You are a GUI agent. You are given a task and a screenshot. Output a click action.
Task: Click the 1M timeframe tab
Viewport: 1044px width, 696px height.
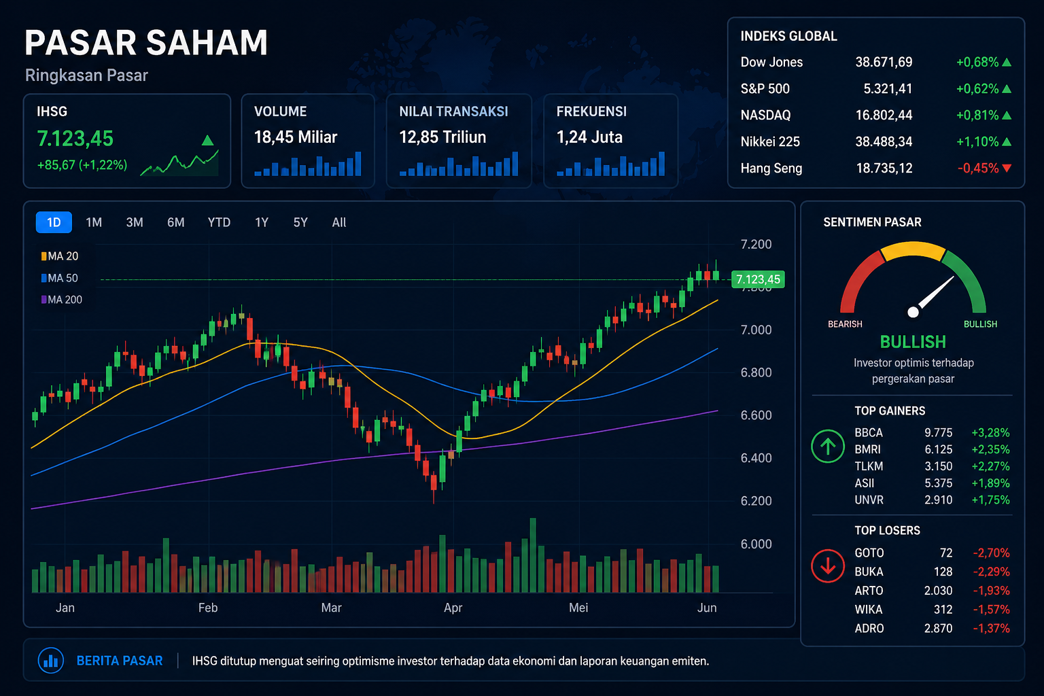click(94, 222)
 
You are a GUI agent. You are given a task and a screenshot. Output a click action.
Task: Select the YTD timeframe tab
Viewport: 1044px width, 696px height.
click(219, 222)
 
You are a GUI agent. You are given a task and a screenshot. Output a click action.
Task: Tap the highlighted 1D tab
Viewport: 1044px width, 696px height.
click(54, 222)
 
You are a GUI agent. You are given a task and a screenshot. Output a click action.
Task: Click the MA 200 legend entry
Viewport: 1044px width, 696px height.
click(62, 300)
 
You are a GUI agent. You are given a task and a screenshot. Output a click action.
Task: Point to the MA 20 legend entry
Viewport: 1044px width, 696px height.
click(60, 256)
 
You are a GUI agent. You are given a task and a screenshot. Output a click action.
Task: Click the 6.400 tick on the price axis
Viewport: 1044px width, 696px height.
click(756, 458)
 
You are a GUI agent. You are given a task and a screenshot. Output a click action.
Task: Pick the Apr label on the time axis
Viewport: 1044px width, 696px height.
click(453, 608)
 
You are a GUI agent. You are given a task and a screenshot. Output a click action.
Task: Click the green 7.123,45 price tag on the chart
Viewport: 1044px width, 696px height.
click(758, 279)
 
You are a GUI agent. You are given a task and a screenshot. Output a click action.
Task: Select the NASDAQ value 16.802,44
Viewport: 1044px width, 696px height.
click(884, 115)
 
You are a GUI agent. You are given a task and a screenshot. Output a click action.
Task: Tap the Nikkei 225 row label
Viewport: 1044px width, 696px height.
click(770, 141)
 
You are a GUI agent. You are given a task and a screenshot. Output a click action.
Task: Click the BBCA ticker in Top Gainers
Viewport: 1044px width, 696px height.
click(869, 433)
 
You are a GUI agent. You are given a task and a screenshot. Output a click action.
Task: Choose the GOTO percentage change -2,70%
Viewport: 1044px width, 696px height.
click(991, 553)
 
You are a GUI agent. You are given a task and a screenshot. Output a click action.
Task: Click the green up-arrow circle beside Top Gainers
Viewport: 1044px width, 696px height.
click(828, 447)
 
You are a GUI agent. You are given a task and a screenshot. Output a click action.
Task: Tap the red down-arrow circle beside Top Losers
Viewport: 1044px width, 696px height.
click(828, 565)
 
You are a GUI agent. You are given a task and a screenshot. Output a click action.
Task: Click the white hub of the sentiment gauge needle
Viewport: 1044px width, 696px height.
click(913, 312)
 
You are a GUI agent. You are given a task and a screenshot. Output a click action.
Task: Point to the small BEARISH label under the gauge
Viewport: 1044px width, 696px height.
click(845, 324)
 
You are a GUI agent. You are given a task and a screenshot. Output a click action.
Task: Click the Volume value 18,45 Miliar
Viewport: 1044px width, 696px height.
click(296, 137)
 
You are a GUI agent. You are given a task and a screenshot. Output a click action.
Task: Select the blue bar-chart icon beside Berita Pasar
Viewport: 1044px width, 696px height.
click(51, 661)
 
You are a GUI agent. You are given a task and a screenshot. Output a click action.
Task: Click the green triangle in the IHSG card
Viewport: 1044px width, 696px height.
click(208, 141)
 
